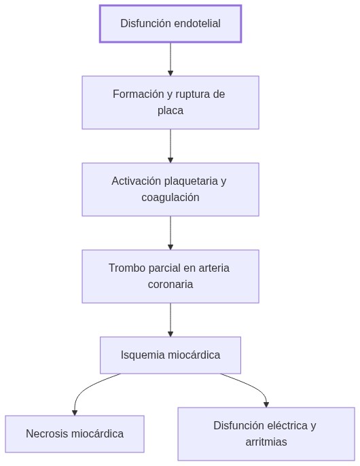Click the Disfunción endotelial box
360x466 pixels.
170,24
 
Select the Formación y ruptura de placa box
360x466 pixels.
170,102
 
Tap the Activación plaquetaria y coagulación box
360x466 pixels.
170,189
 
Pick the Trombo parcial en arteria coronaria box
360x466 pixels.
170,276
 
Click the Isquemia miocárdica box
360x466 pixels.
170,355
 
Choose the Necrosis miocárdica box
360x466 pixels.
75,433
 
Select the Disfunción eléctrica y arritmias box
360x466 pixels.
266,433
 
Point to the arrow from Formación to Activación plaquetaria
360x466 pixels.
170,145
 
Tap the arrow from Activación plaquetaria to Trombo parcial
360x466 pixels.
170,232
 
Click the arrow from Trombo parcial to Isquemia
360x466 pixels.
170,319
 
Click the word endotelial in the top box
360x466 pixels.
197,24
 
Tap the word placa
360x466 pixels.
170,110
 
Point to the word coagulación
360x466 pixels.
170,197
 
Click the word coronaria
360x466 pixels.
170,284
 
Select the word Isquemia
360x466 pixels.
142,355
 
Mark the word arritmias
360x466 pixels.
266,442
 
